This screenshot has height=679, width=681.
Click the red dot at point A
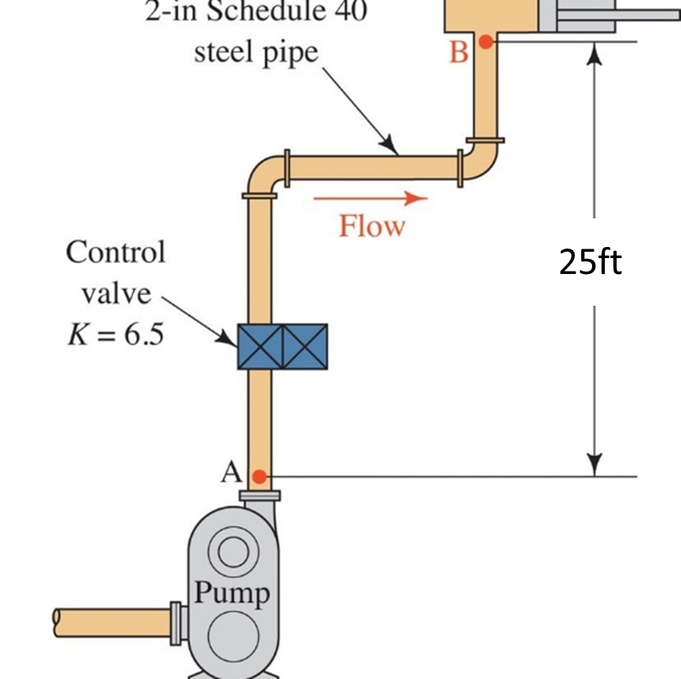(x=259, y=476)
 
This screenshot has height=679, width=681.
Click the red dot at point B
(x=485, y=41)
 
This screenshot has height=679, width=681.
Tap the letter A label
(x=231, y=473)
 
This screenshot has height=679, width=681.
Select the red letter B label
(x=459, y=52)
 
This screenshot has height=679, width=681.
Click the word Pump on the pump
(x=232, y=592)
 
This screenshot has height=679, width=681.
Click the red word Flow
(x=371, y=226)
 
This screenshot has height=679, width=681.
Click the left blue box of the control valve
(x=260, y=346)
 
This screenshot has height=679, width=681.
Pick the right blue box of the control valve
(x=305, y=346)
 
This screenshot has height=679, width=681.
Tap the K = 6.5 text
(x=115, y=334)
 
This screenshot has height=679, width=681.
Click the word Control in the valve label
(x=116, y=252)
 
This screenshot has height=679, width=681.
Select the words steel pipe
(x=256, y=52)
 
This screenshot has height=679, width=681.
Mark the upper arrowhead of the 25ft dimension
(x=594, y=52)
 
